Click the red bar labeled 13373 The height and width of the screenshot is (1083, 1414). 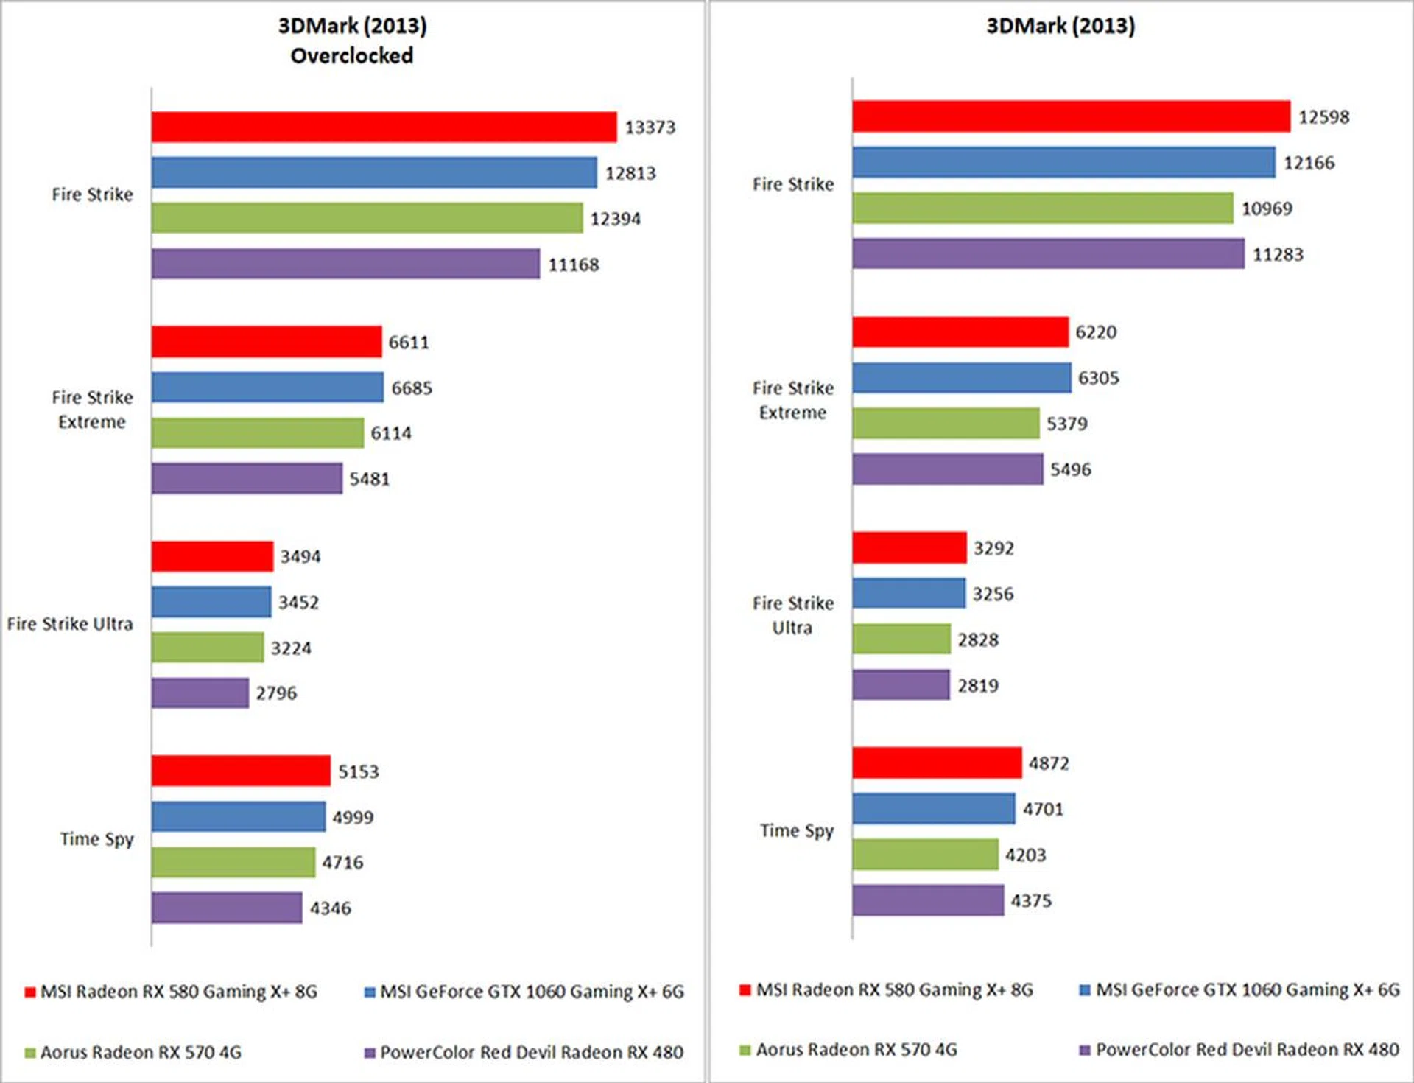point(384,127)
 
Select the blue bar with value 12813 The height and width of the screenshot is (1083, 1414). point(374,172)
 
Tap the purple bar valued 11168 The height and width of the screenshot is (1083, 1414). point(345,264)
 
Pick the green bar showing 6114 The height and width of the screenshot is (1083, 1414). point(258,433)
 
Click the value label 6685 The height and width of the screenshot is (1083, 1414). point(412,388)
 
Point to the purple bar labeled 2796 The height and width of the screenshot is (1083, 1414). point(200,693)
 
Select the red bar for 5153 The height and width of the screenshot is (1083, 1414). point(241,771)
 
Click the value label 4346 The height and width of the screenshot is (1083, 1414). point(330,908)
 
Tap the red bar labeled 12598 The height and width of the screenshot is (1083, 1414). point(1071,116)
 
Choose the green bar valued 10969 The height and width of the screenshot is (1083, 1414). point(1042,208)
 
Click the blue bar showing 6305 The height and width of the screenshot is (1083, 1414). point(961,378)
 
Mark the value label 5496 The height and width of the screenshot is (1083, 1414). point(1070,469)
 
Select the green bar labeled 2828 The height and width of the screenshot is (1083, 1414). point(901,639)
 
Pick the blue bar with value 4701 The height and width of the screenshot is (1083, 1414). point(933,809)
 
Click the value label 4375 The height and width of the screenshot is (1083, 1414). point(1030,901)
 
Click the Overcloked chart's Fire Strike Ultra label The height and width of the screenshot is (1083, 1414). point(70,624)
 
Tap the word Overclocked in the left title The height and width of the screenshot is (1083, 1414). point(352,56)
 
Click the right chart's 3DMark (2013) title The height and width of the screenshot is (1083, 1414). point(1060,27)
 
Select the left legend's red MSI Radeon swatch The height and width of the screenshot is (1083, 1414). point(30,992)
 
